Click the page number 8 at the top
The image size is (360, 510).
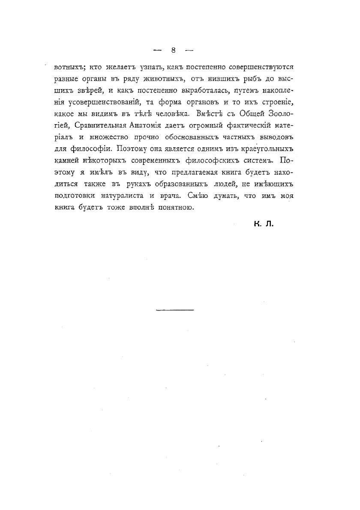(173, 50)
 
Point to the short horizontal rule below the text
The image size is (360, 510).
(175, 310)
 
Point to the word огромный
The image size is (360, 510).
(211, 125)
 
